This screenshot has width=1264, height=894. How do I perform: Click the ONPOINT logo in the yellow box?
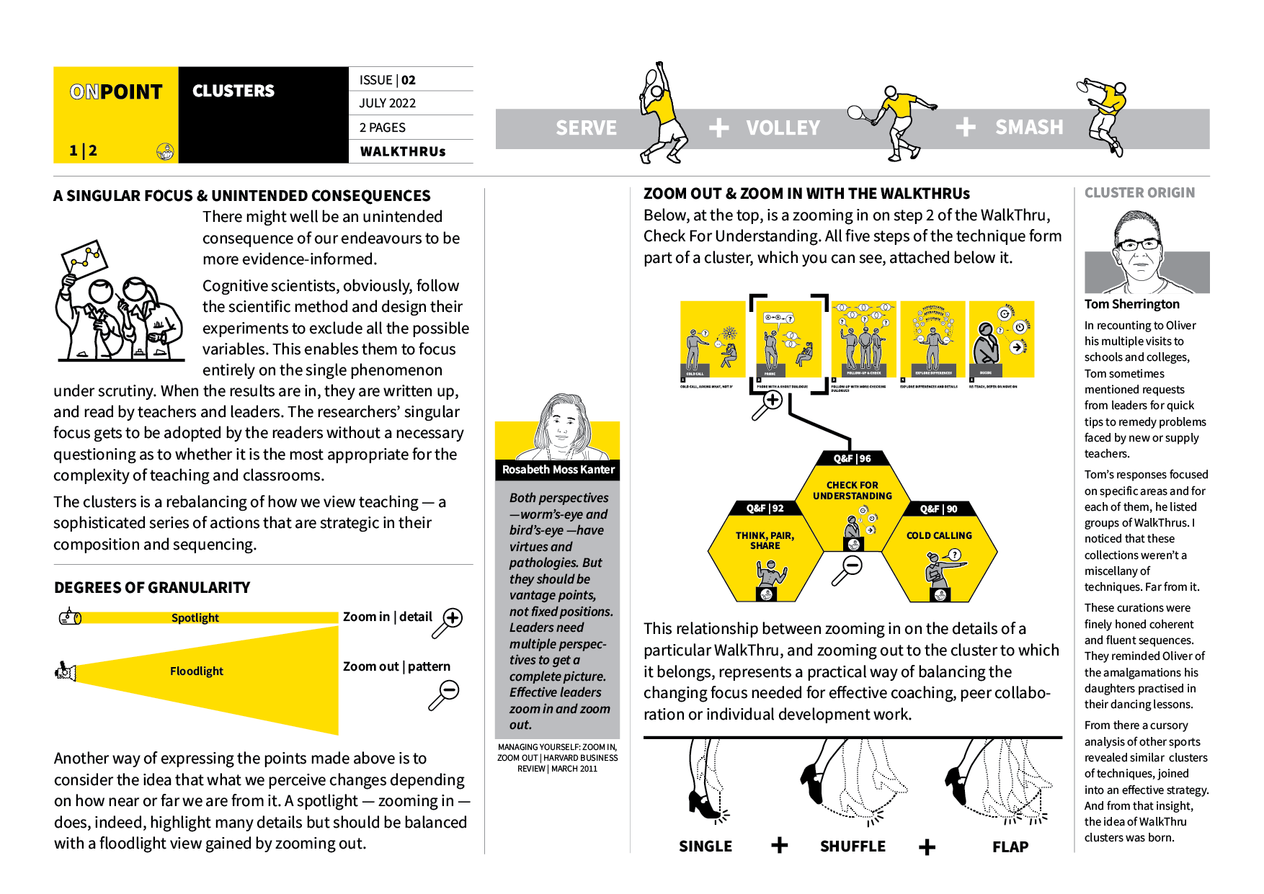click(x=116, y=92)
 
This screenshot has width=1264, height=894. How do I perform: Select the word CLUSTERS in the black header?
click(x=233, y=91)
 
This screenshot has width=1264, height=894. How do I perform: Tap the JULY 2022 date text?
click(x=388, y=103)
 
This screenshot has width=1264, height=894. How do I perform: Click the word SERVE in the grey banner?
click(x=586, y=128)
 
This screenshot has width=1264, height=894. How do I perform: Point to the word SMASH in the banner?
click(x=1028, y=128)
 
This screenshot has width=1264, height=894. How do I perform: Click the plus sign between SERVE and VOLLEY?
click(x=718, y=128)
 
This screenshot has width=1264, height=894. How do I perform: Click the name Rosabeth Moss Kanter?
click(x=558, y=470)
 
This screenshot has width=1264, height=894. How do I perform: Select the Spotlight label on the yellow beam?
click(x=195, y=617)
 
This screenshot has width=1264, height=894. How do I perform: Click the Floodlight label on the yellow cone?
click(x=196, y=671)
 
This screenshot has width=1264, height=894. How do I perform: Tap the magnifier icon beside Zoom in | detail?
click(x=448, y=622)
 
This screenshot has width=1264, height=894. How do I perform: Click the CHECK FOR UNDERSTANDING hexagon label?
click(x=852, y=491)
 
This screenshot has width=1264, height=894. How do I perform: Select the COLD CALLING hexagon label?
click(x=939, y=535)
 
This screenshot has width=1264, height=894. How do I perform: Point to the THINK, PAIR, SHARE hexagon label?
click(x=765, y=540)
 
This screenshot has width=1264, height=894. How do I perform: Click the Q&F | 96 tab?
click(x=852, y=458)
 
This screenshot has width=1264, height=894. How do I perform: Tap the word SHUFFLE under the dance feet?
click(x=853, y=846)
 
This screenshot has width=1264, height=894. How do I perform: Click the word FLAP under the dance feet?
click(x=1010, y=847)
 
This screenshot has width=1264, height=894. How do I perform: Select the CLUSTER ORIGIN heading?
click(x=1139, y=193)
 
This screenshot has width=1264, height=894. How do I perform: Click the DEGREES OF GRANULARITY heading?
click(x=152, y=588)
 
